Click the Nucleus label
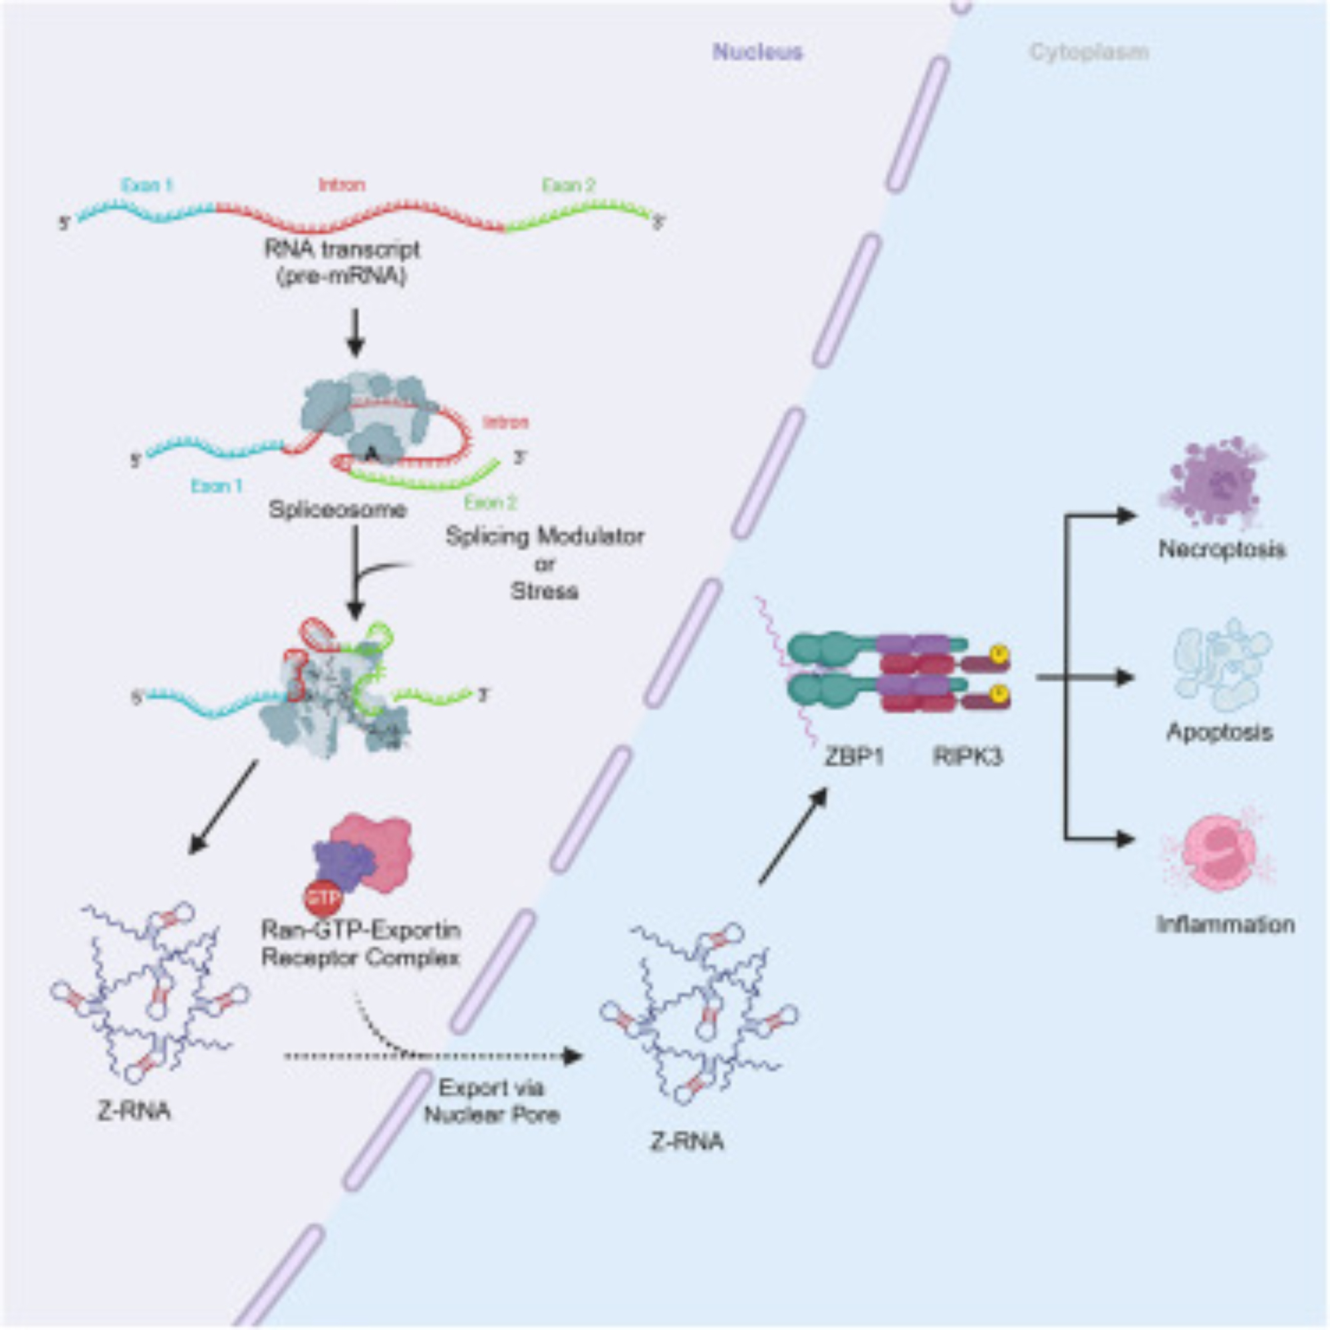point(757,53)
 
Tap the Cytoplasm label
point(1089,53)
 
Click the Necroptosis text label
point(1222,549)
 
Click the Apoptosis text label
point(1220,731)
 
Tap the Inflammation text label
point(1226,924)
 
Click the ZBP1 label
point(855,757)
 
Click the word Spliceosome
point(337,510)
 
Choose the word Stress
point(545,591)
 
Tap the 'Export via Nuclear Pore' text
point(491,1101)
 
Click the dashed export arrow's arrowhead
point(573,1055)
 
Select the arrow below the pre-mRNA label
point(355,332)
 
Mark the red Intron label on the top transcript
point(341,184)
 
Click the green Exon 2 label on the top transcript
point(568,184)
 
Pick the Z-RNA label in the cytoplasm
point(686,1142)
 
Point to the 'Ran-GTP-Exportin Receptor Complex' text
point(360,944)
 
